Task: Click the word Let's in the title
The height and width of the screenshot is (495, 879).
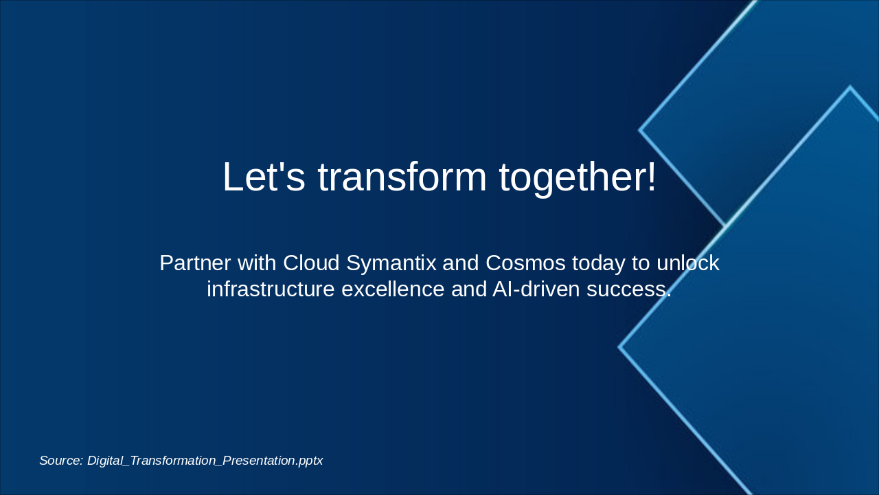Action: point(264,177)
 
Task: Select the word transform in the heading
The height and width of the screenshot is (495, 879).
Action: point(402,177)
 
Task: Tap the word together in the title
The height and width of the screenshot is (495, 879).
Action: point(571,179)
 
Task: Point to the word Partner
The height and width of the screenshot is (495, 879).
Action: point(195,263)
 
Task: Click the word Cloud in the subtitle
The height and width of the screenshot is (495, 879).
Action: point(311,263)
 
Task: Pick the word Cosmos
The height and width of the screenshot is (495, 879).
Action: point(525,263)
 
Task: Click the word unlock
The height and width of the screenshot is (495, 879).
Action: point(688,263)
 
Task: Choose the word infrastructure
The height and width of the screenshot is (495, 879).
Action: point(271,289)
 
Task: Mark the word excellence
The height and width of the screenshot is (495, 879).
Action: point(393,289)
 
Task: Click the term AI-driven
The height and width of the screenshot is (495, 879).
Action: point(536,289)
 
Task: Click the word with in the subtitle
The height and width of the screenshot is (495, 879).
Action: point(257,263)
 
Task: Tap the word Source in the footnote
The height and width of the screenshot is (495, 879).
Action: point(61,461)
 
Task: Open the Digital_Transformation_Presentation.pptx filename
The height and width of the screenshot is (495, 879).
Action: point(205,461)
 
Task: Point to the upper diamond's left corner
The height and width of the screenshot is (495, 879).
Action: point(639,130)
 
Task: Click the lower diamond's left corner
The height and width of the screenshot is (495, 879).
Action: point(619,347)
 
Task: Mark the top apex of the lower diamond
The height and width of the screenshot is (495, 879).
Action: point(850,87)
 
